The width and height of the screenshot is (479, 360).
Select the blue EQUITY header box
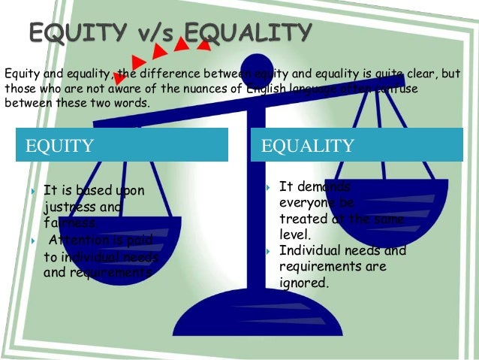click(122, 144)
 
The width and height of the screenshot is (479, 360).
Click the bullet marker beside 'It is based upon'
click(35, 191)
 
